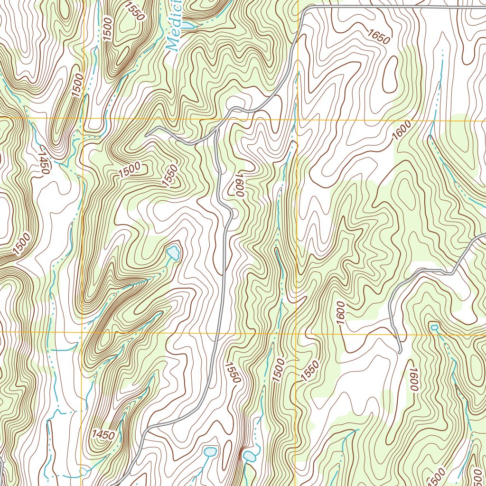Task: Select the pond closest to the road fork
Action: [x=174, y=252]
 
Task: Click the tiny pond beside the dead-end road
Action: [x=434, y=327]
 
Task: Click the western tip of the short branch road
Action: [x=147, y=134]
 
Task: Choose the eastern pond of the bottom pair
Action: [x=249, y=457]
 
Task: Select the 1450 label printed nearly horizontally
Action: [x=103, y=434]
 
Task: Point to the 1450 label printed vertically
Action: [x=44, y=162]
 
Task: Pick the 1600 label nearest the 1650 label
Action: [x=401, y=134]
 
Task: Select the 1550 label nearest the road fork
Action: [x=171, y=175]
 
